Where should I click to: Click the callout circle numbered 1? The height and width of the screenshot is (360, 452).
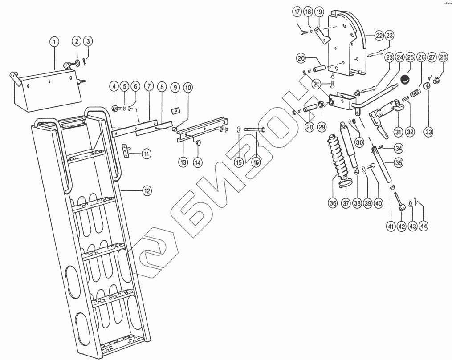coord(54,42)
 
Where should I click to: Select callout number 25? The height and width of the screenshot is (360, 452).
coord(411,58)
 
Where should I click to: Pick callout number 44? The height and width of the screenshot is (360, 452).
coord(423,227)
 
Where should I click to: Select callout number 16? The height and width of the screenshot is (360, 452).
coord(256,162)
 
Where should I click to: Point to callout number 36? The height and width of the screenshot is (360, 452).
coord(333,203)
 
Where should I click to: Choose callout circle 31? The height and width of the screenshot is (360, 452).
coord(398,133)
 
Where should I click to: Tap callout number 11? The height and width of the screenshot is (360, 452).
coord(147,154)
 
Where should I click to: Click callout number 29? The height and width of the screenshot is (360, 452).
coord(322,127)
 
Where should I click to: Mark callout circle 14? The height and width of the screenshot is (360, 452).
coord(197,162)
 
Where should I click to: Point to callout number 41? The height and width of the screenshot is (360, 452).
coord(391,227)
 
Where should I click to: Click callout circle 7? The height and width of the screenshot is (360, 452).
coord(149,87)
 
